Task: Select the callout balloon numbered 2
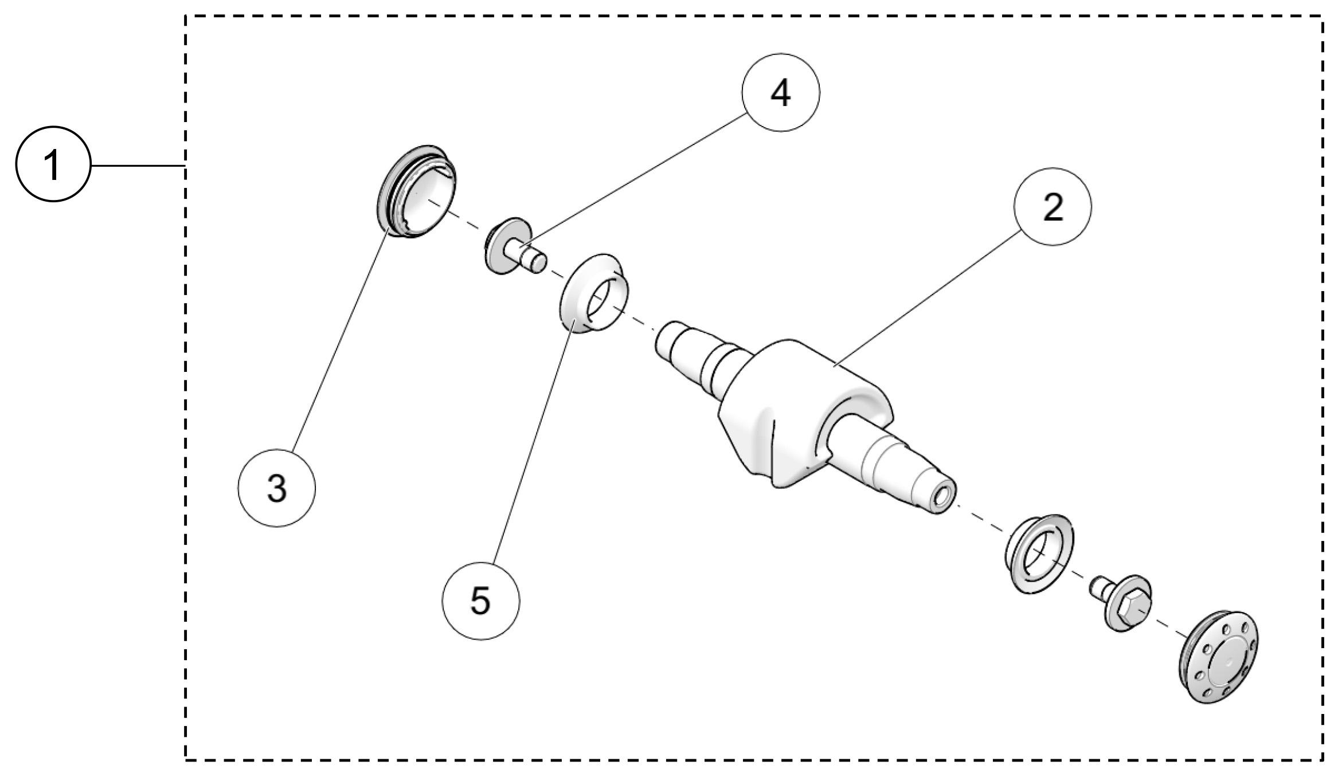point(1053,207)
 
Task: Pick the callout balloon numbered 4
point(781,92)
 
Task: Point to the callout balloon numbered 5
point(481,601)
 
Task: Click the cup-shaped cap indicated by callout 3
point(418,192)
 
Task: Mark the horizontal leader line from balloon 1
point(138,166)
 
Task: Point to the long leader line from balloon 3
point(338,344)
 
